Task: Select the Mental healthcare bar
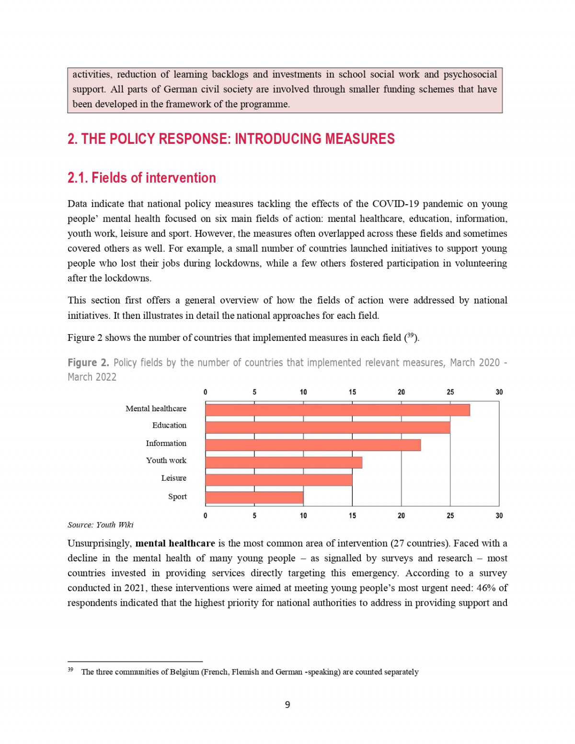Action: point(337,410)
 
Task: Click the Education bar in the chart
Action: point(328,427)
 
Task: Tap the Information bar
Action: point(313,445)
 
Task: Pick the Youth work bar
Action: point(284,462)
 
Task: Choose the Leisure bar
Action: point(279,480)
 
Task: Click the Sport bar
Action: point(254,498)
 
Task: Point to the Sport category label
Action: point(177,497)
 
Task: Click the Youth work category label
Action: point(166,460)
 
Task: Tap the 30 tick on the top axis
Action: point(499,392)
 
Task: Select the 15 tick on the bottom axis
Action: point(352,516)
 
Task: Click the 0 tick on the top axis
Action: point(206,392)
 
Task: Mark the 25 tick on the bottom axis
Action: point(450,516)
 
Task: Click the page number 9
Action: point(287,705)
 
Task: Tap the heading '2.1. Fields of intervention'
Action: point(142,178)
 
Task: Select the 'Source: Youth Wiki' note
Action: point(101,525)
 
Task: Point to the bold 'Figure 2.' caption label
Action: point(88,363)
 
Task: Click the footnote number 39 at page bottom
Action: point(70,670)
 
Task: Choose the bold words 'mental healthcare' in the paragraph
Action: point(175,544)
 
